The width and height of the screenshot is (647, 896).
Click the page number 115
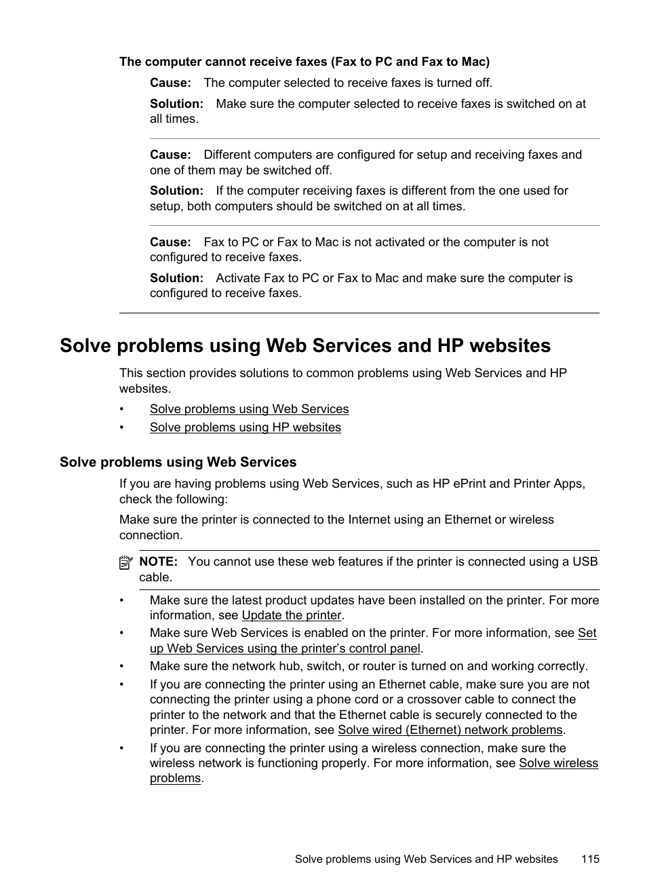tap(590, 859)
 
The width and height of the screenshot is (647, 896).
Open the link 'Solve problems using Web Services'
tap(249, 409)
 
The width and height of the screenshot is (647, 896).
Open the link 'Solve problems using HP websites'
tap(245, 427)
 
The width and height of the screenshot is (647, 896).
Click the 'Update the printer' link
tap(292, 615)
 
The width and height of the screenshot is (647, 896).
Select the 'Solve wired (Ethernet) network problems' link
tap(450, 730)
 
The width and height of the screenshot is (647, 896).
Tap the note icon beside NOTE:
tap(125, 562)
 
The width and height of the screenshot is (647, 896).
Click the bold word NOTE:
tap(158, 562)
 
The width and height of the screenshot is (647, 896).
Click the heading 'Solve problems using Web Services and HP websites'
tap(305, 346)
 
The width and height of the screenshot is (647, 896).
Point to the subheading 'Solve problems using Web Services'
tap(178, 462)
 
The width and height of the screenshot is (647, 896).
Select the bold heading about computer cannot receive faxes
tap(304, 62)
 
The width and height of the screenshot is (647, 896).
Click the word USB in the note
tap(585, 562)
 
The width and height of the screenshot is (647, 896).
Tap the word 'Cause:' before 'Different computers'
tap(170, 155)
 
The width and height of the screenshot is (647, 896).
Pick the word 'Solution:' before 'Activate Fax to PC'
tap(176, 278)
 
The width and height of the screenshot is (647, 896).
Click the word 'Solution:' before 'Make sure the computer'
tap(176, 104)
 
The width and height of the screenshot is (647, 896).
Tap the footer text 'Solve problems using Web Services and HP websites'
tap(426, 859)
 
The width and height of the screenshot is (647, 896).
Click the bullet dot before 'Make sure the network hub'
tap(121, 666)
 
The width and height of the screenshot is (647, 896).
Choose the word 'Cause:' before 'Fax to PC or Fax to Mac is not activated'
tap(170, 242)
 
